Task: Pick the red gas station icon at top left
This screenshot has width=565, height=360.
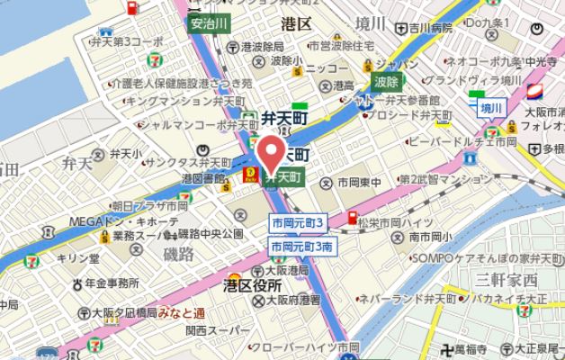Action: click(x=131, y=9)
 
